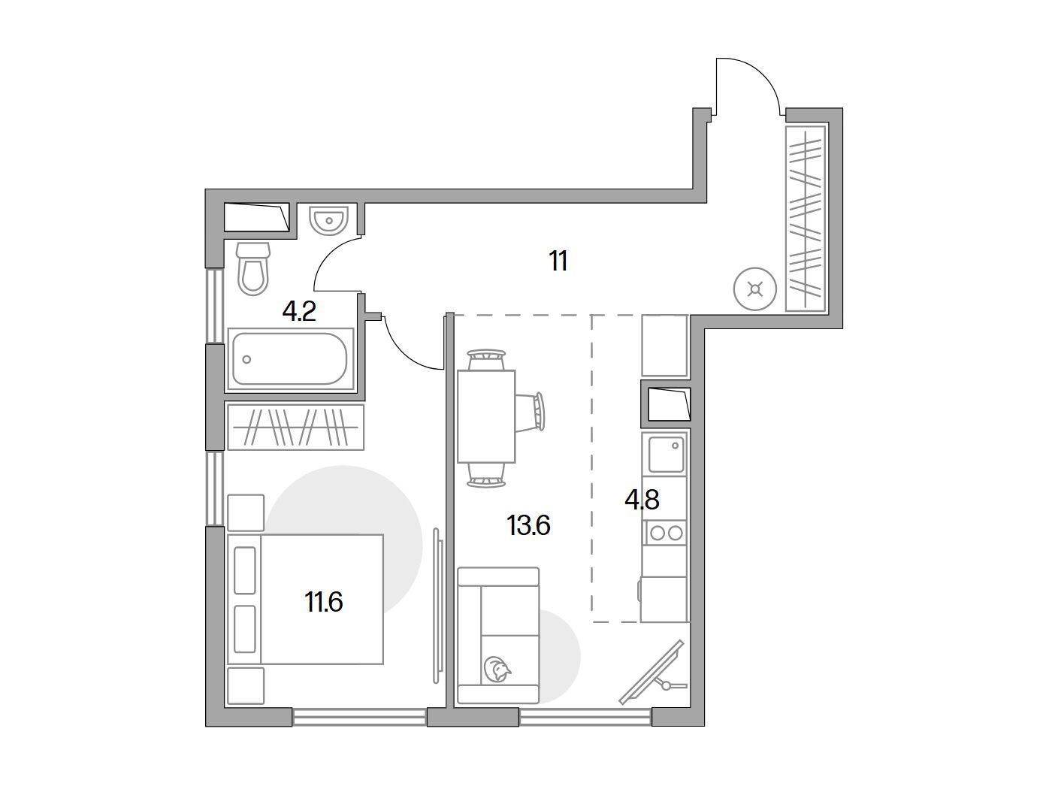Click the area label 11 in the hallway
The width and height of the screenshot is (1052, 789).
pyautogui.click(x=558, y=261)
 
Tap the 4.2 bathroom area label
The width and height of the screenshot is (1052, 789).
pyautogui.click(x=299, y=313)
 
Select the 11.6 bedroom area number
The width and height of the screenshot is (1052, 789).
pyautogui.click(x=324, y=602)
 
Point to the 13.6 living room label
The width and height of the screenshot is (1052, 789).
pyautogui.click(x=528, y=525)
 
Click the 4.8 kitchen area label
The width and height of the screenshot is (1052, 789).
pyautogui.click(x=642, y=500)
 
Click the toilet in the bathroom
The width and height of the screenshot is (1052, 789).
pyautogui.click(x=254, y=268)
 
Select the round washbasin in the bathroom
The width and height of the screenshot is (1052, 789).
pyautogui.click(x=329, y=220)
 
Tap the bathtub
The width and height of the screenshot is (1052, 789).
pyautogui.click(x=291, y=359)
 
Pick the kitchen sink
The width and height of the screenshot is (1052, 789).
pyautogui.click(x=666, y=454)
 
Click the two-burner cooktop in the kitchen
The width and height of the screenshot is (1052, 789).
pyautogui.click(x=666, y=534)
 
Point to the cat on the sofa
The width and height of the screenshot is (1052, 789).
pyautogui.click(x=497, y=670)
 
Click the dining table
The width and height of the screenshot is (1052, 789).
pyautogui.click(x=486, y=416)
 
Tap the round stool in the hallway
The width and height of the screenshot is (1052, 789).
pyautogui.click(x=755, y=289)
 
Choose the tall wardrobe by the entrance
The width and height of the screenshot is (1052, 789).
pyautogui.click(x=806, y=219)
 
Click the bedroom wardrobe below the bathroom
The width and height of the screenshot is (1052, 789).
pyautogui.click(x=296, y=427)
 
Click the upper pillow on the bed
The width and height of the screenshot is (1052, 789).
pyautogui.click(x=244, y=570)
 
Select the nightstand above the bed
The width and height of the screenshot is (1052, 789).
pyautogui.click(x=246, y=512)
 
